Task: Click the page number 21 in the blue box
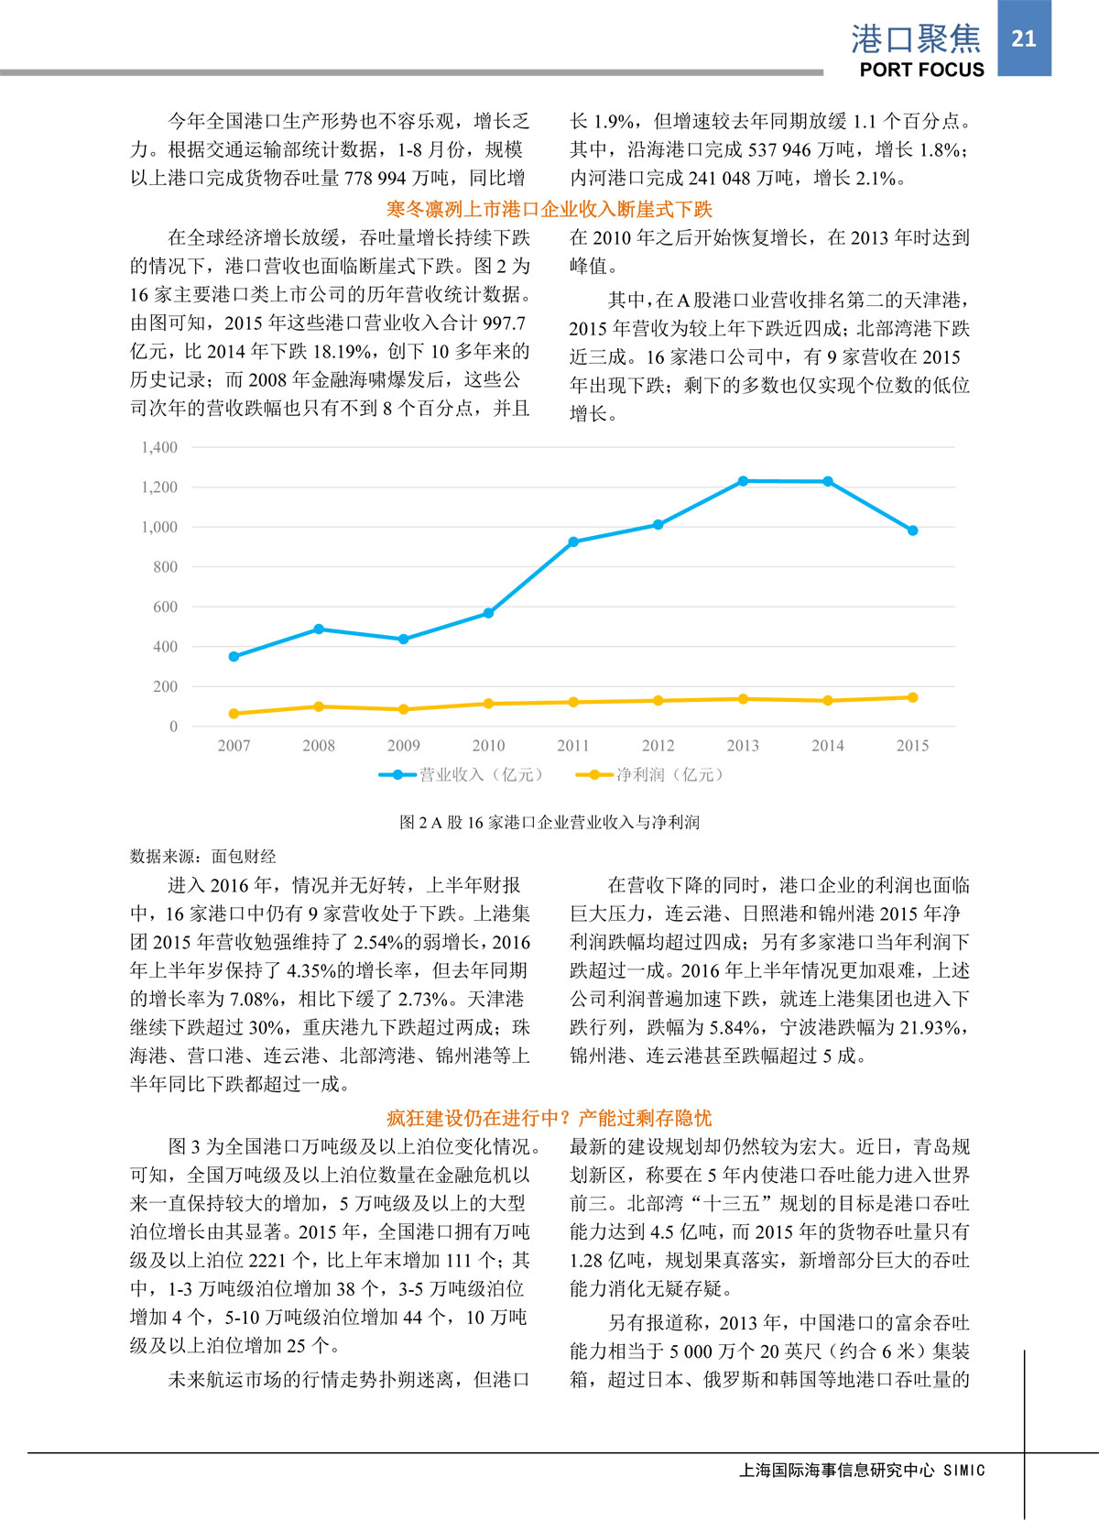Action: click(1024, 38)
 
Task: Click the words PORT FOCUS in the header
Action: click(921, 70)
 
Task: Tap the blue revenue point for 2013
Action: click(743, 481)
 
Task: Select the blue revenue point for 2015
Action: click(912, 531)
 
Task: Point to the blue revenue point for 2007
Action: click(234, 657)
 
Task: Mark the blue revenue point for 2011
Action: click(573, 542)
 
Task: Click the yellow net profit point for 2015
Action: click(912, 698)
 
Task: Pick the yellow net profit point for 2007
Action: click(234, 714)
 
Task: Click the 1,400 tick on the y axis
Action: click(159, 447)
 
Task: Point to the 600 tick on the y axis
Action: click(166, 607)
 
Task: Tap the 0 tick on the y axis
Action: click(173, 727)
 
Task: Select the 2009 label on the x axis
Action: click(404, 746)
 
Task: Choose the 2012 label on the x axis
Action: click(658, 746)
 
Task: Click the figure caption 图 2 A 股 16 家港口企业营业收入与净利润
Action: click(549, 823)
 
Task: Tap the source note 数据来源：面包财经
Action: click(202, 857)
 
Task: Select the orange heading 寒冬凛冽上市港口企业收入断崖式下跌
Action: click(549, 209)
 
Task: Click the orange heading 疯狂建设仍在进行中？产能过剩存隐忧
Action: click(549, 1118)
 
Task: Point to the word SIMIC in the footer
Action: click(964, 1471)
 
